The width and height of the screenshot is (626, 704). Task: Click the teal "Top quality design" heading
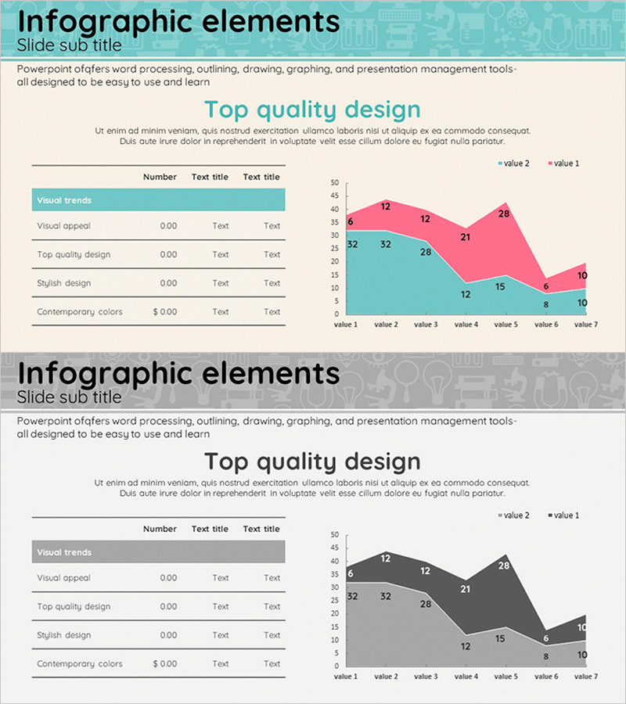pyautogui.click(x=312, y=110)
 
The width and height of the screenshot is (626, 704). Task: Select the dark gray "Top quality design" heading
pyautogui.click(x=312, y=462)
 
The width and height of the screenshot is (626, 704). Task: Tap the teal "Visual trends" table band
pyautogui.click(x=158, y=200)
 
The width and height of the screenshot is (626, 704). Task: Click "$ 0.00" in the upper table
pyautogui.click(x=165, y=311)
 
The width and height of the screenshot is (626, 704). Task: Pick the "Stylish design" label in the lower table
pyautogui.click(x=63, y=635)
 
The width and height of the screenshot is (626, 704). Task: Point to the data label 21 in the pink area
pyautogui.click(x=466, y=237)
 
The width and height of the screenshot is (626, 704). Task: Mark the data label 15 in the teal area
pyautogui.click(x=500, y=286)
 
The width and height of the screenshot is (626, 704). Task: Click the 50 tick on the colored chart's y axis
pyautogui.click(x=335, y=183)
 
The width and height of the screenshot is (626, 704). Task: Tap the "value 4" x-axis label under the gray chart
pyautogui.click(x=466, y=677)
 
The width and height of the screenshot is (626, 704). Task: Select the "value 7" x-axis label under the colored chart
pyautogui.click(x=585, y=325)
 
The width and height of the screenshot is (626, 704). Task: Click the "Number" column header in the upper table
pyautogui.click(x=160, y=177)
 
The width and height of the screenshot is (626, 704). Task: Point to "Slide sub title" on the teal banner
pyautogui.click(x=69, y=44)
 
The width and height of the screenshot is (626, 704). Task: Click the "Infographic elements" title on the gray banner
pyautogui.click(x=178, y=373)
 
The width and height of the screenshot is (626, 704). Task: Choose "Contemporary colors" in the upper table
pyautogui.click(x=80, y=311)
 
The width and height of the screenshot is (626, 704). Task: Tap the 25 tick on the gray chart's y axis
pyautogui.click(x=335, y=600)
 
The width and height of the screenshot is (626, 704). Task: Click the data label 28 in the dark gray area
pyautogui.click(x=504, y=566)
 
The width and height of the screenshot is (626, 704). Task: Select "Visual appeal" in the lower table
pyautogui.click(x=63, y=578)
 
